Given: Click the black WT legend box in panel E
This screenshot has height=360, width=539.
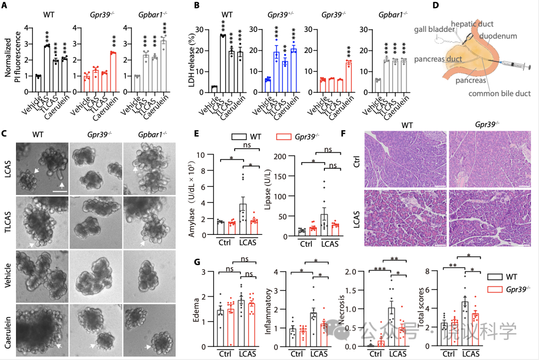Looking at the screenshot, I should tap(242, 136).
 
